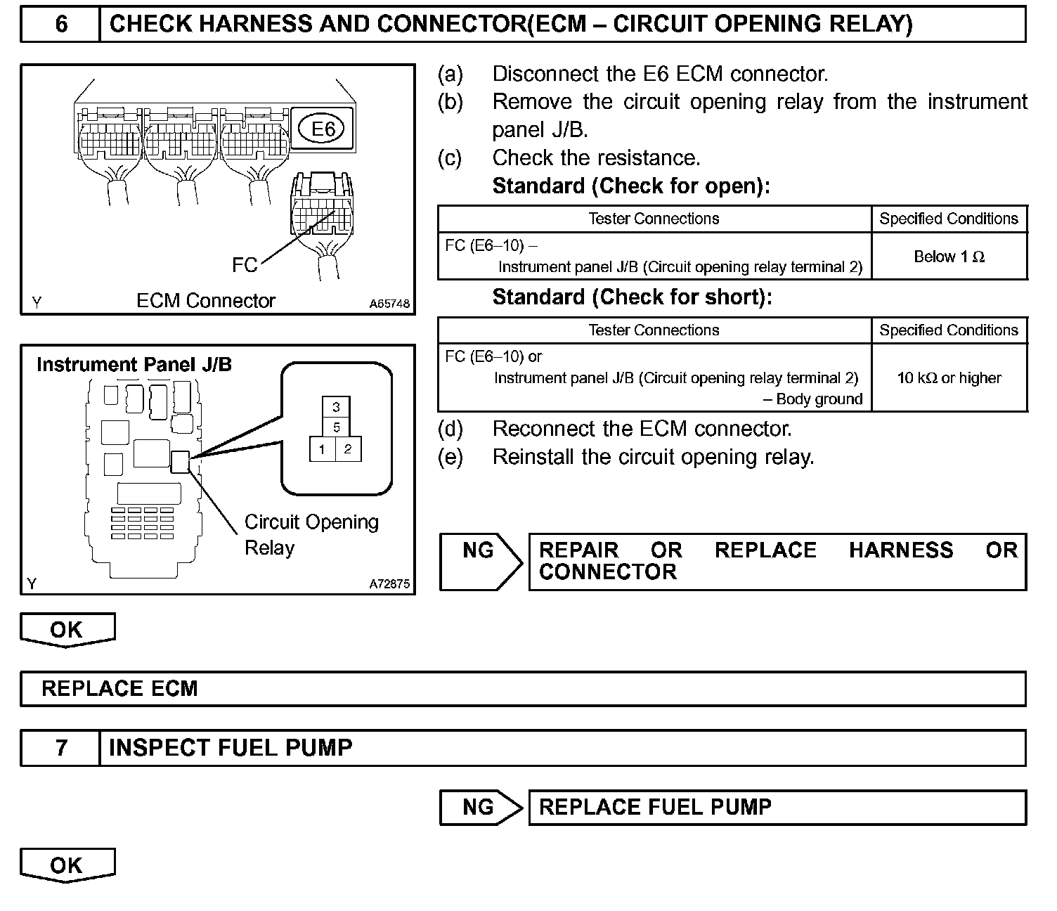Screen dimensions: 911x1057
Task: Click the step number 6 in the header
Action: pos(61,25)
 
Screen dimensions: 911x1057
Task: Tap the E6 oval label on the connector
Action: pos(323,129)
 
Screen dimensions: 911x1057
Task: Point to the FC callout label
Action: pos(245,265)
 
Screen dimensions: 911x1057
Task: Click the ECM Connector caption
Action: pos(205,301)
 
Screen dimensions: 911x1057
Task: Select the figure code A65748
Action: pos(389,304)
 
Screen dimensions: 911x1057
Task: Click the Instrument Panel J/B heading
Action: pos(134,364)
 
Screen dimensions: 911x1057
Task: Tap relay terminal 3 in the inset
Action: pos(337,407)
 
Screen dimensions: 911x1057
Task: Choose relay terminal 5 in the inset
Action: pos(337,427)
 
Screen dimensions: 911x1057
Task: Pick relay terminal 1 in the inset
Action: pos(322,449)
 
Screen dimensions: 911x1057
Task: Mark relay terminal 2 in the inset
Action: pos(348,449)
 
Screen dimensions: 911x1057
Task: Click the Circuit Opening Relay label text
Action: pos(311,534)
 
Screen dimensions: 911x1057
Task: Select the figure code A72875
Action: pos(389,584)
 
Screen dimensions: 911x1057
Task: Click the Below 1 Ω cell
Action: pos(949,257)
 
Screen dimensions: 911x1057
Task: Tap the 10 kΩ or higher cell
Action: pos(949,378)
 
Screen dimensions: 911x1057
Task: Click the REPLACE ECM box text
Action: pos(119,688)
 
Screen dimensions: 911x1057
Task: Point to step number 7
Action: pos(61,747)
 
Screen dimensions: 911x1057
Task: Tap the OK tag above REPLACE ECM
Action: pos(67,629)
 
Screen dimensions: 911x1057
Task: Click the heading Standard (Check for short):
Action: pos(632,297)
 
